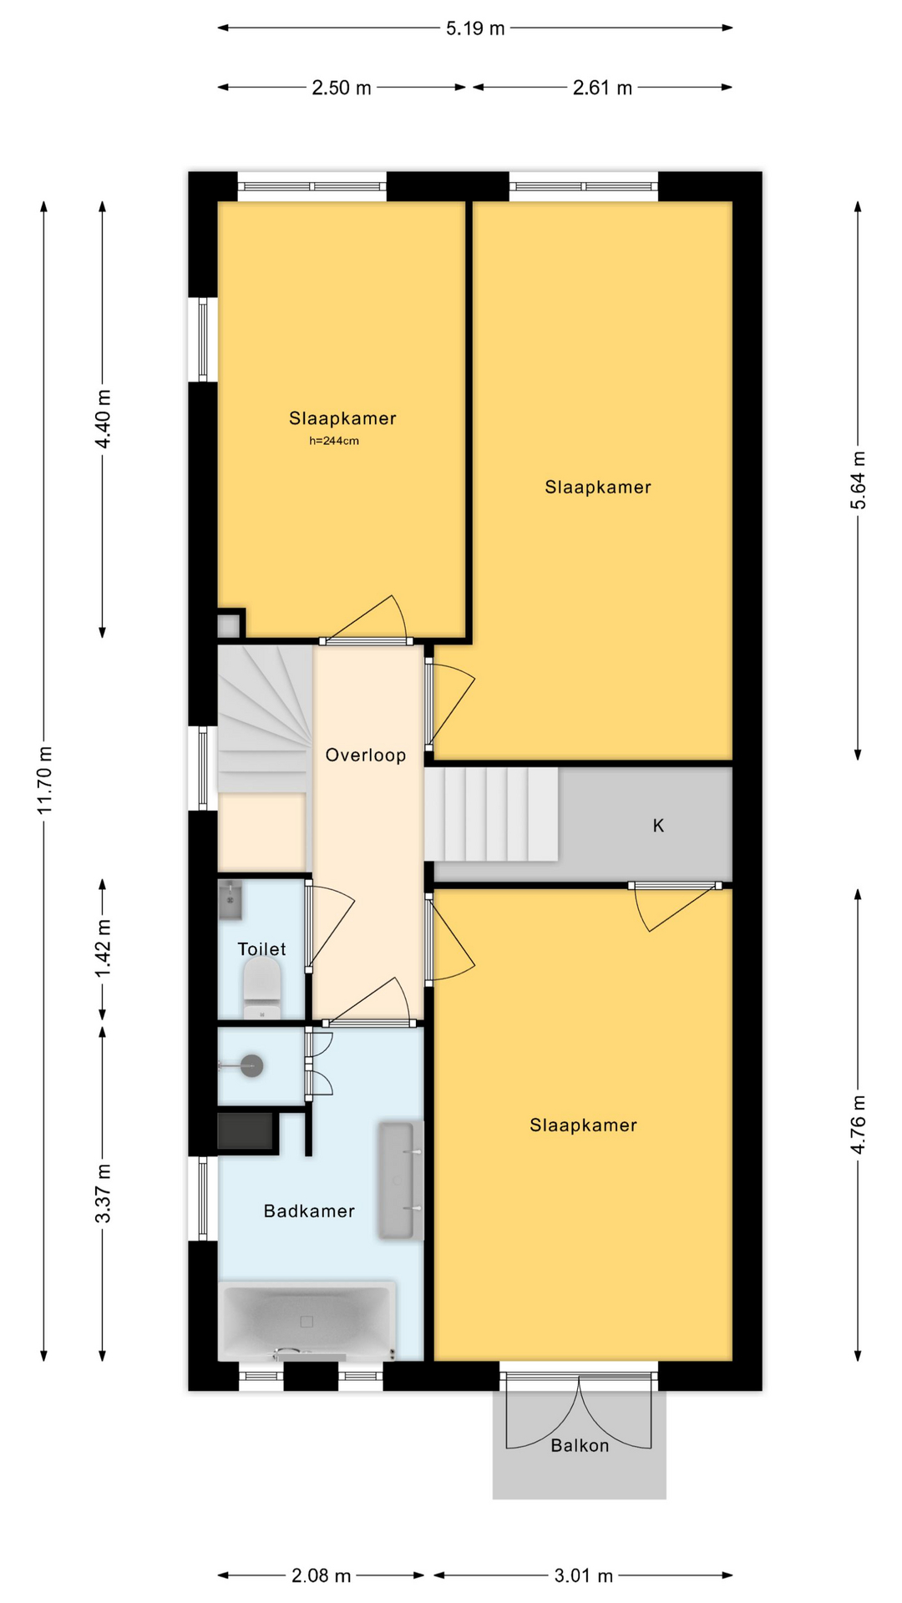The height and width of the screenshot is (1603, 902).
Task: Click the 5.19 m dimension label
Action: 475,28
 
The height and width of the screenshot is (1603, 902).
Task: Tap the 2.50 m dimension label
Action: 342,88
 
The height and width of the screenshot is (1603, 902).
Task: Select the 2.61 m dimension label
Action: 602,88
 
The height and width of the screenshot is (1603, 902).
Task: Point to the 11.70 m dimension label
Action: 45,781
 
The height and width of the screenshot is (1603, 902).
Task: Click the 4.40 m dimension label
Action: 104,419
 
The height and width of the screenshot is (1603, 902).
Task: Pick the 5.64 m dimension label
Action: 859,480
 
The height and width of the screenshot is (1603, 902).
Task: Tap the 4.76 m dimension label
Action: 859,1125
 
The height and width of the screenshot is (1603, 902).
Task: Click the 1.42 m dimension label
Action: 104,949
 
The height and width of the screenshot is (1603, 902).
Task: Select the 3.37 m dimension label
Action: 104,1193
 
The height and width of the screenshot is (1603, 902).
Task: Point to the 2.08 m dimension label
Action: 322,1575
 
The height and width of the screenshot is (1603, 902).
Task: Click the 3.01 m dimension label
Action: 584,1575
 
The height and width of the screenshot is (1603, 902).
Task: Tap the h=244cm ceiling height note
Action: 334,441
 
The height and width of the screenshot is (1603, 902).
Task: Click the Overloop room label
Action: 366,756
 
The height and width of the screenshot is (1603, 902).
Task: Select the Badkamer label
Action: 309,1211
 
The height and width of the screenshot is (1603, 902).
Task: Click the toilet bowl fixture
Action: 262,989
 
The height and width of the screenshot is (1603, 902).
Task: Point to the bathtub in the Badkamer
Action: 307,1321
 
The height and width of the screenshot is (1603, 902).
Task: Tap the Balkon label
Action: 580,1445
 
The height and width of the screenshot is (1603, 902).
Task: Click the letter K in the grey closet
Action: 658,826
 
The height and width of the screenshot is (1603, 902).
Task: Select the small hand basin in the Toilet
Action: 230,899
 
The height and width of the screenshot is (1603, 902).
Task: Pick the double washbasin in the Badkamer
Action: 399,1180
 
